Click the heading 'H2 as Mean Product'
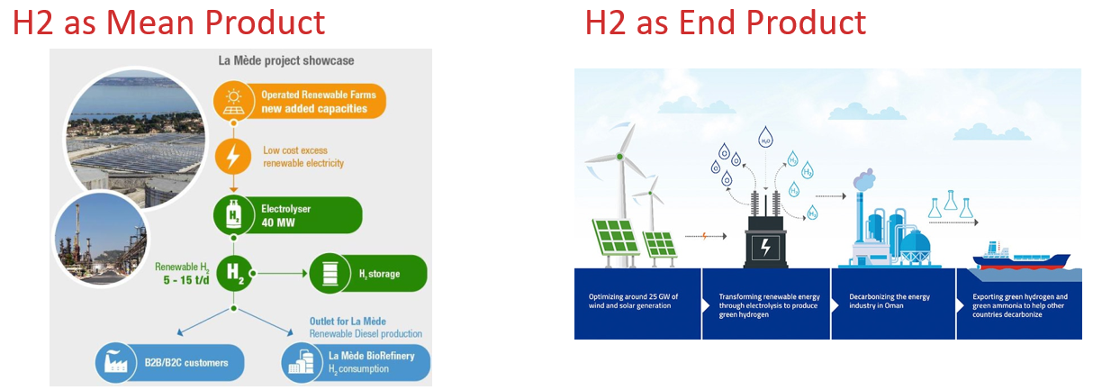point(169,23)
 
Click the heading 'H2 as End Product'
point(725,23)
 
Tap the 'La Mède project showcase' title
point(286,60)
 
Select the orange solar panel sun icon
point(234,102)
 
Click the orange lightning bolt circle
point(233,156)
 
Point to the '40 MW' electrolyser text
point(278,222)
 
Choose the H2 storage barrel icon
point(330,273)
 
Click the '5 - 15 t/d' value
point(185,280)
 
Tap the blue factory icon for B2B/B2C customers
point(115,363)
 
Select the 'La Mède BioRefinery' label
point(371,356)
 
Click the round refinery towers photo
point(101,238)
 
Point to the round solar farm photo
point(136,139)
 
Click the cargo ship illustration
point(1020,257)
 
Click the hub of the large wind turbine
point(619,157)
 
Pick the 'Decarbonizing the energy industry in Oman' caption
point(889,301)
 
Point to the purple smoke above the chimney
point(864,179)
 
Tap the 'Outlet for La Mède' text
point(348,322)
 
